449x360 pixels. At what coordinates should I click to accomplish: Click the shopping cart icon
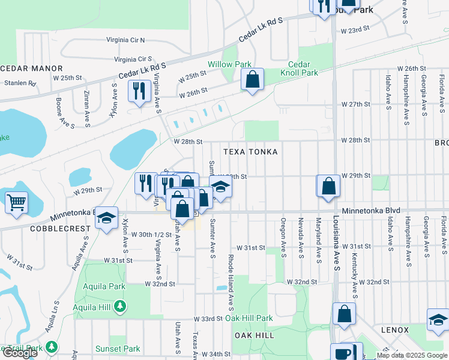(x=16, y=202)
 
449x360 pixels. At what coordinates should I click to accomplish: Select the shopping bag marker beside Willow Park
(x=253, y=79)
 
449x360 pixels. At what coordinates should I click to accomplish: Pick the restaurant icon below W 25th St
(x=139, y=91)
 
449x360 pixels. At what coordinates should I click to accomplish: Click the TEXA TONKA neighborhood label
(x=250, y=152)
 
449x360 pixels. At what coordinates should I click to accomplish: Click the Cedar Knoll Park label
(x=298, y=68)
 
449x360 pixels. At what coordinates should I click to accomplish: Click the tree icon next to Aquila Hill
(x=120, y=307)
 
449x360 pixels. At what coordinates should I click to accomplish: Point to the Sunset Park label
(x=118, y=349)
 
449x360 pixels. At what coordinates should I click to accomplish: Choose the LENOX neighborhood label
(x=394, y=330)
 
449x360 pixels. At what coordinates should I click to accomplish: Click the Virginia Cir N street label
(x=125, y=40)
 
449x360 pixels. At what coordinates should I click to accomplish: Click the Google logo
(x=20, y=353)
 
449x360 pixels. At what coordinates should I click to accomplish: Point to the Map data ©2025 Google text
(x=411, y=356)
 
